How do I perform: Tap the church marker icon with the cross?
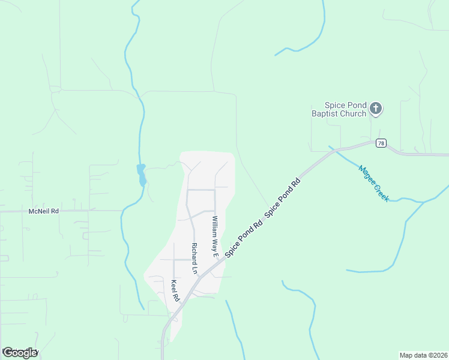376,109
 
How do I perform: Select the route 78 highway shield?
381,143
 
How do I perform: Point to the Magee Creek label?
374,183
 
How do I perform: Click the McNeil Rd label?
44,211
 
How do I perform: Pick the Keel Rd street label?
175,291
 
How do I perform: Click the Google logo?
20,353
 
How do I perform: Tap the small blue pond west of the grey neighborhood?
142,175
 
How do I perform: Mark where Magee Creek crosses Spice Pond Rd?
333,149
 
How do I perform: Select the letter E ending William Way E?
214,254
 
